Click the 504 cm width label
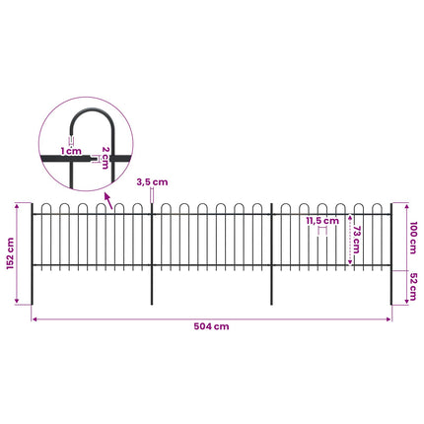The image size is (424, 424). pyautogui.click(x=211, y=326)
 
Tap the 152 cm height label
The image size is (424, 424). pyautogui.click(x=10, y=253)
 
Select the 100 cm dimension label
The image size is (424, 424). pyautogui.click(x=413, y=238)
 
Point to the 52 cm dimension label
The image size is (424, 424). pyautogui.click(x=413, y=287)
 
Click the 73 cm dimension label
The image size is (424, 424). pyautogui.click(x=356, y=240)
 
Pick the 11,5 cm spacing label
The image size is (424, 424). pyautogui.click(x=322, y=221)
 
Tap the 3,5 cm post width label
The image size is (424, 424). pyautogui.click(x=152, y=182)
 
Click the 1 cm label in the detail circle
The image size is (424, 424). pyautogui.click(x=71, y=151)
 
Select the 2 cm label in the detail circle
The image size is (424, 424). pyautogui.click(x=106, y=158)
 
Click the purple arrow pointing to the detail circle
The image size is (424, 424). pyautogui.click(x=108, y=201)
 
